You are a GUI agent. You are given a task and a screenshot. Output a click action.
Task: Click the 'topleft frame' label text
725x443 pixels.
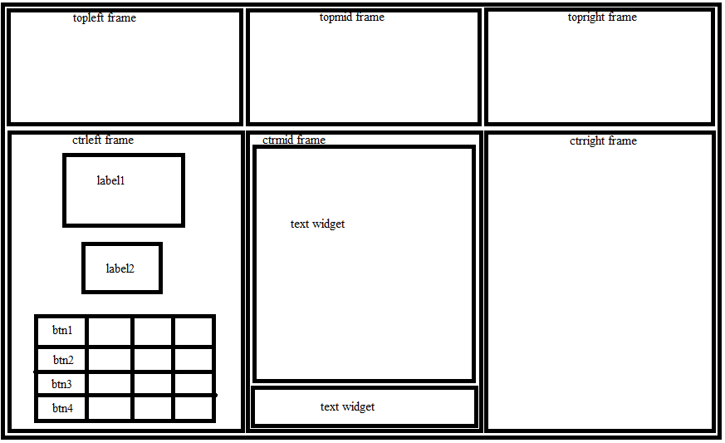click(x=105, y=18)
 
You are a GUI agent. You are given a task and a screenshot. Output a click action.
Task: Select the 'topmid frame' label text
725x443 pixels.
click(x=352, y=17)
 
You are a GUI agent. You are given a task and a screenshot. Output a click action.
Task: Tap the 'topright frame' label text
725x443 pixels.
click(x=602, y=17)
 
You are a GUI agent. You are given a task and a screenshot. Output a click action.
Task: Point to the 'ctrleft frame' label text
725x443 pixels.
click(x=103, y=140)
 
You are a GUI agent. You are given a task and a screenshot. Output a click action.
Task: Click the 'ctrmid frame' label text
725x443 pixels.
click(x=294, y=140)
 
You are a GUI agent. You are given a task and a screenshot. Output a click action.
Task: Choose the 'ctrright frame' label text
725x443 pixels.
click(x=603, y=140)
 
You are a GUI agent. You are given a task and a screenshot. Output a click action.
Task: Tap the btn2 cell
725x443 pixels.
click(x=62, y=359)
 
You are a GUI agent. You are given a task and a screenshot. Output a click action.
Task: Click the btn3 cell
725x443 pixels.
click(x=62, y=384)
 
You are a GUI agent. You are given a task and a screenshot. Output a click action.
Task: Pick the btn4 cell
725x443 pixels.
click(x=62, y=408)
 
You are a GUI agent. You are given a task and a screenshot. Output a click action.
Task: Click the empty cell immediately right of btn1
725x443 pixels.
click(x=110, y=331)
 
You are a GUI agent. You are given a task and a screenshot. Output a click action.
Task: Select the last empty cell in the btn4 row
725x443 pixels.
click(x=193, y=408)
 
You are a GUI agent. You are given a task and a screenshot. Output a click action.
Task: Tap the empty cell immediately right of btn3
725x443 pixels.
click(x=110, y=384)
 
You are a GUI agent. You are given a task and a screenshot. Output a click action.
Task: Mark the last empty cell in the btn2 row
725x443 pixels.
click(x=193, y=359)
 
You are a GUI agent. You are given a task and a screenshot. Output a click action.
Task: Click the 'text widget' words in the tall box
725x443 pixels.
click(x=317, y=224)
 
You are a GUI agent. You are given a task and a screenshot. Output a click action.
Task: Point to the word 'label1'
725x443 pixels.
click(x=110, y=180)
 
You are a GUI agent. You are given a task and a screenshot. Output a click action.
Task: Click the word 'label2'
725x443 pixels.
click(x=120, y=268)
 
